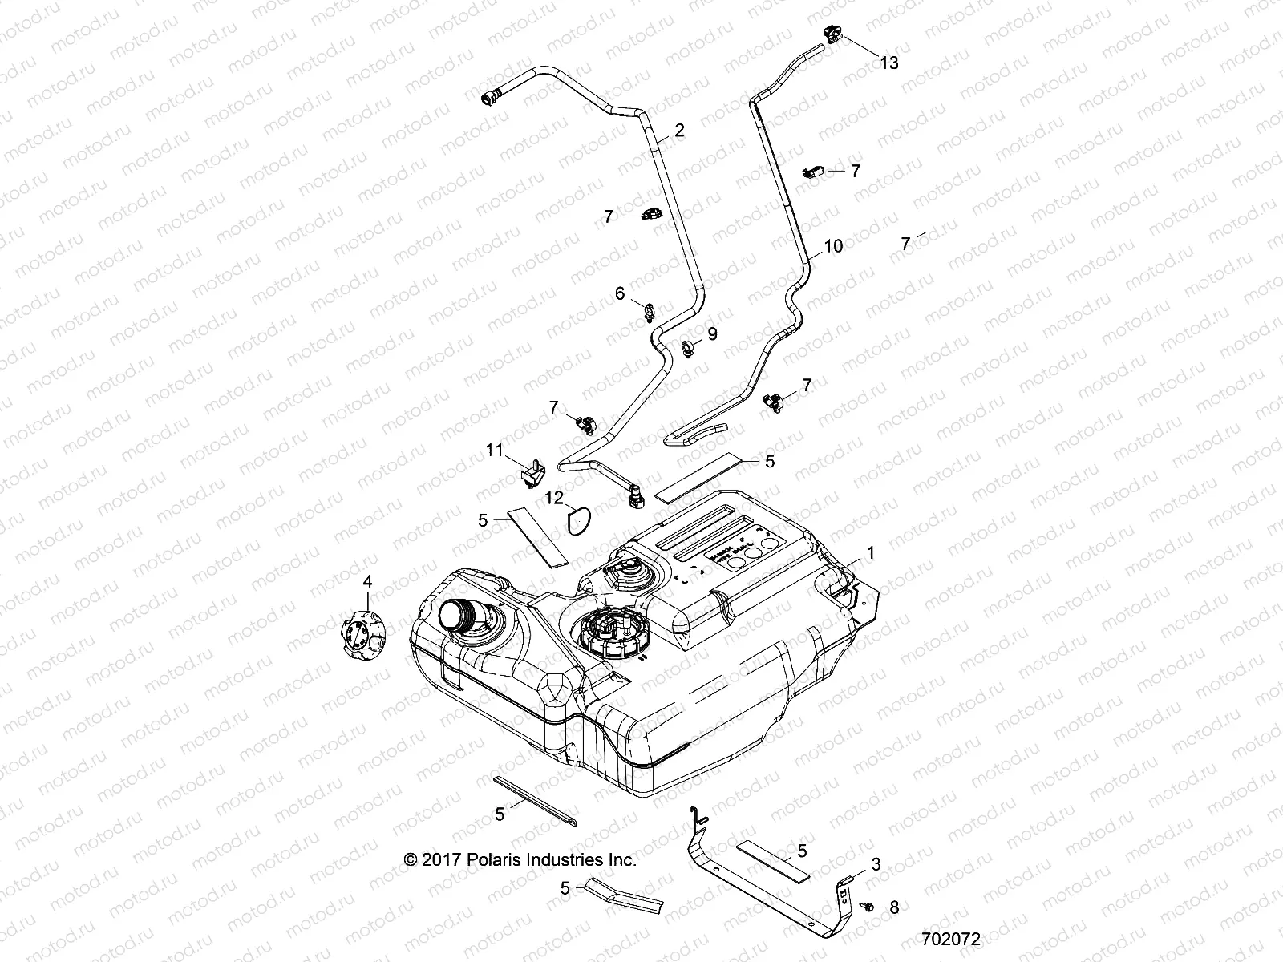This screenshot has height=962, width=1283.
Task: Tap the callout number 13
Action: click(x=889, y=63)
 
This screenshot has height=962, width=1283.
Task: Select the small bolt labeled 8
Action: click(x=868, y=906)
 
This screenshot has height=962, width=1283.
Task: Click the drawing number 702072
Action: click(x=951, y=938)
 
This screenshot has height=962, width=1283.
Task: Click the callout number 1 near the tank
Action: click(x=870, y=553)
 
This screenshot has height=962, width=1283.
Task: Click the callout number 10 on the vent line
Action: click(x=833, y=246)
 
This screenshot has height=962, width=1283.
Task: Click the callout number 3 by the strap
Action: click(x=876, y=864)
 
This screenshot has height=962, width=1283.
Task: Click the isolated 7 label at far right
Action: click(x=905, y=244)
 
